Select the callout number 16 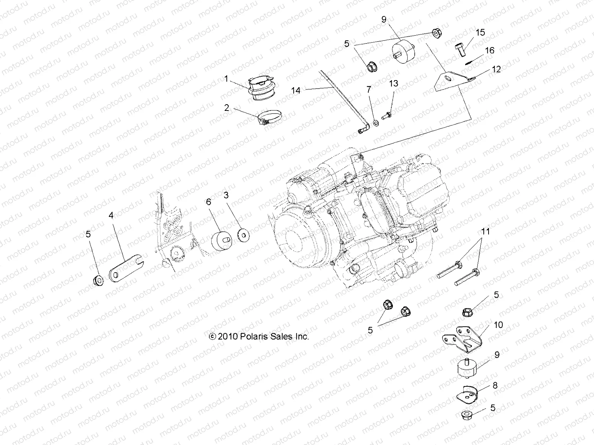coord(490,50)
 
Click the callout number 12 coord(496,69)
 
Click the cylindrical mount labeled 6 coord(222,242)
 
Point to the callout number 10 coord(498,325)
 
